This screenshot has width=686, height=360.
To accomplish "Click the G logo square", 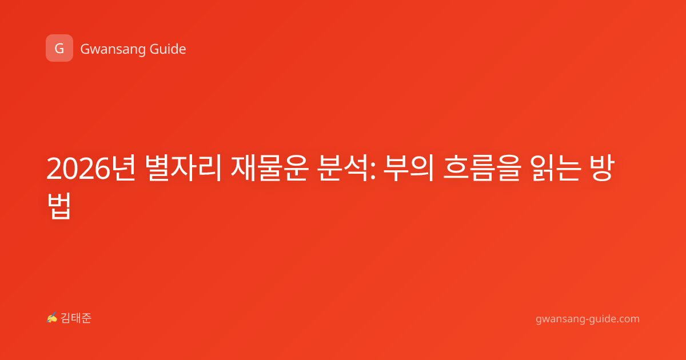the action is pyautogui.click(x=59, y=48).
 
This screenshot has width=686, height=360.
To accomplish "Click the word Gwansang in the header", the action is pyautogui.click(x=113, y=49).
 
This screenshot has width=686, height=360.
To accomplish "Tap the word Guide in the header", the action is pyautogui.click(x=168, y=49).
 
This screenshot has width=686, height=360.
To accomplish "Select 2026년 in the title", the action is pyautogui.click(x=91, y=168).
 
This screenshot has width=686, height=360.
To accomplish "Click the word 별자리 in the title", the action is pyautogui.click(x=183, y=168).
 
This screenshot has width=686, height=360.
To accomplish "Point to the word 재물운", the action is pyautogui.click(x=269, y=168).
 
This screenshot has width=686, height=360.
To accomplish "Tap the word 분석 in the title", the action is pyautogui.click(x=342, y=168).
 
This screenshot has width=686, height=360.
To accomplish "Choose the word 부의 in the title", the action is pyautogui.click(x=409, y=168).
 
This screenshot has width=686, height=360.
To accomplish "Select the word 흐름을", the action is pyautogui.click(x=482, y=168).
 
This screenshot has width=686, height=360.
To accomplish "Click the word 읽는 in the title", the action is pyautogui.click(x=555, y=168).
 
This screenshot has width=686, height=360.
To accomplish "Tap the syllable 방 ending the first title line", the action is pyautogui.click(x=602, y=168).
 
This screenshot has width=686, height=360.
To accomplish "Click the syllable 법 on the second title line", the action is pyautogui.click(x=59, y=206).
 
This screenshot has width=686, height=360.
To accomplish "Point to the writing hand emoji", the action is pyautogui.click(x=52, y=318).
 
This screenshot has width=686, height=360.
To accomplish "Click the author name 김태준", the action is pyautogui.click(x=76, y=318).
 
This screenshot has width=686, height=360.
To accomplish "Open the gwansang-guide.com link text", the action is pyautogui.click(x=588, y=319).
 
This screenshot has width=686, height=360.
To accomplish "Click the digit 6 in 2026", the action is pyautogui.click(x=102, y=169).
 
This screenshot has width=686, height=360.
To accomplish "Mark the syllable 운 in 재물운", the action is pyautogui.click(x=296, y=168).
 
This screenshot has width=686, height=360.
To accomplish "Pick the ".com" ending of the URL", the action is pyautogui.click(x=627, y=319).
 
